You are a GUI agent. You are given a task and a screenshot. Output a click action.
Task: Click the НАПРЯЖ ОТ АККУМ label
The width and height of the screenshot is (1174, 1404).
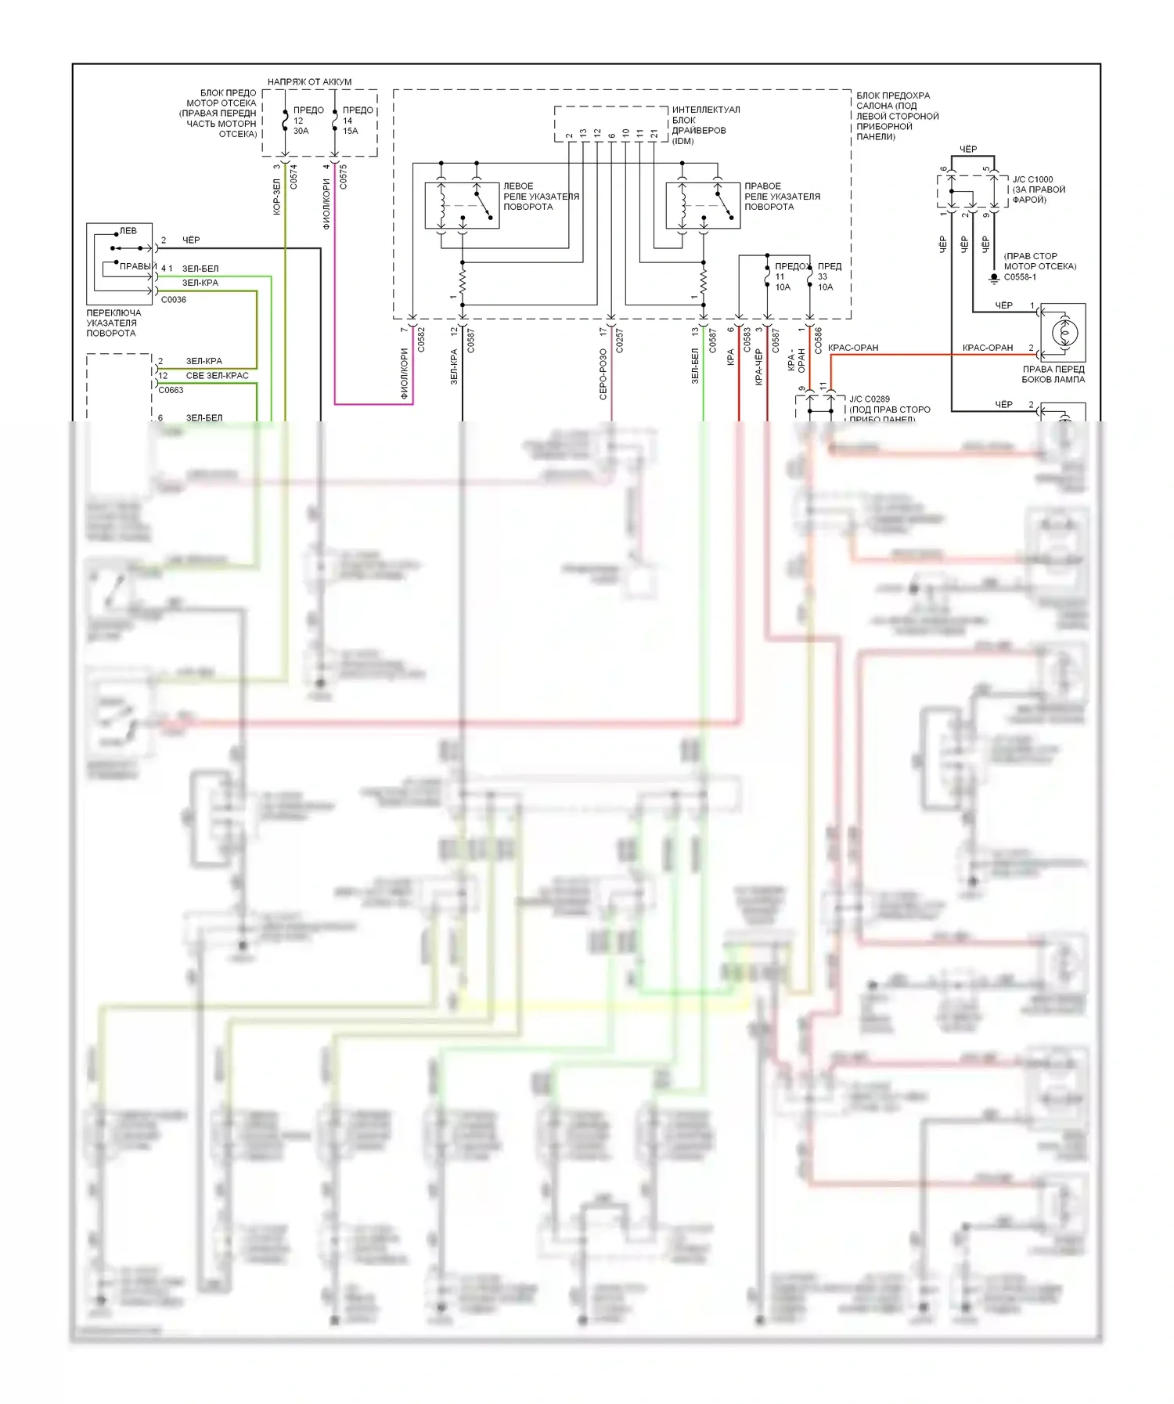(x=309, y=81)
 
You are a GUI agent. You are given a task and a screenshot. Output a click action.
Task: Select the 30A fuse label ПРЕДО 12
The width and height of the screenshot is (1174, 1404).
(x=305, y=121)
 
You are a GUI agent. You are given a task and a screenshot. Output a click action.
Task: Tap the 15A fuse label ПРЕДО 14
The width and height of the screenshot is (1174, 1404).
(x=356, y=121)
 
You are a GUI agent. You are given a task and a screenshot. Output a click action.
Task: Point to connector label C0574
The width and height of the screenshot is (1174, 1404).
(x=293, y=176)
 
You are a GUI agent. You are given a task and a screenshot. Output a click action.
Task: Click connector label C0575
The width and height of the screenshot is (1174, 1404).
(x=343, y=176)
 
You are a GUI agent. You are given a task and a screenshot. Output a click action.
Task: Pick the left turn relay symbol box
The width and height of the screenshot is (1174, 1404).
(x=462, y=205)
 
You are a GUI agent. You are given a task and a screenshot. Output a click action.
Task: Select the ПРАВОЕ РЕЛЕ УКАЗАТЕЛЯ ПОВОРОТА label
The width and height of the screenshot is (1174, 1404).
(x=782, y=197)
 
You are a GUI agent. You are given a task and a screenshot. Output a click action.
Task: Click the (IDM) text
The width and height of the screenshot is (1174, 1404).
(x=682, y=141)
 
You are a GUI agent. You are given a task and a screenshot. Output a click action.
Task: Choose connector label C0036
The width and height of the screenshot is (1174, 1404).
(x=174, y=300)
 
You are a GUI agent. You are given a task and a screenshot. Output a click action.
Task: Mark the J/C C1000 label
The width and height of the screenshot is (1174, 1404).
(x=1032, y=179)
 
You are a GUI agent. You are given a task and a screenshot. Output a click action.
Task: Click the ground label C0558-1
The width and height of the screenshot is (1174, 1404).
(x=1020, y=277)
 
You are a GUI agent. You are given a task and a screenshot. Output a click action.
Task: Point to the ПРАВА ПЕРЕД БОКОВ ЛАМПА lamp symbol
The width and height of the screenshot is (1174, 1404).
(x=1063, y=333)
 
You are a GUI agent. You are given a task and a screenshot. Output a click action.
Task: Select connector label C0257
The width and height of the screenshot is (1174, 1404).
(x=620, y=341)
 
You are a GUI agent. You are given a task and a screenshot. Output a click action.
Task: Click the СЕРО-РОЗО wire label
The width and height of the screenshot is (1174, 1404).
(x=603, y=374)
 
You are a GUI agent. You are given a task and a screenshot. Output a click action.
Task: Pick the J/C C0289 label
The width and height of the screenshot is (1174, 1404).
(x=870, y=399)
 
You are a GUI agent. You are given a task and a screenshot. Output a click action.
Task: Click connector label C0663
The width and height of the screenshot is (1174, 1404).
(x=171, y=390)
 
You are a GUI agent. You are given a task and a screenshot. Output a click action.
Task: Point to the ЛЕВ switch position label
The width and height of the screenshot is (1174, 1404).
(x=128, y=231)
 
